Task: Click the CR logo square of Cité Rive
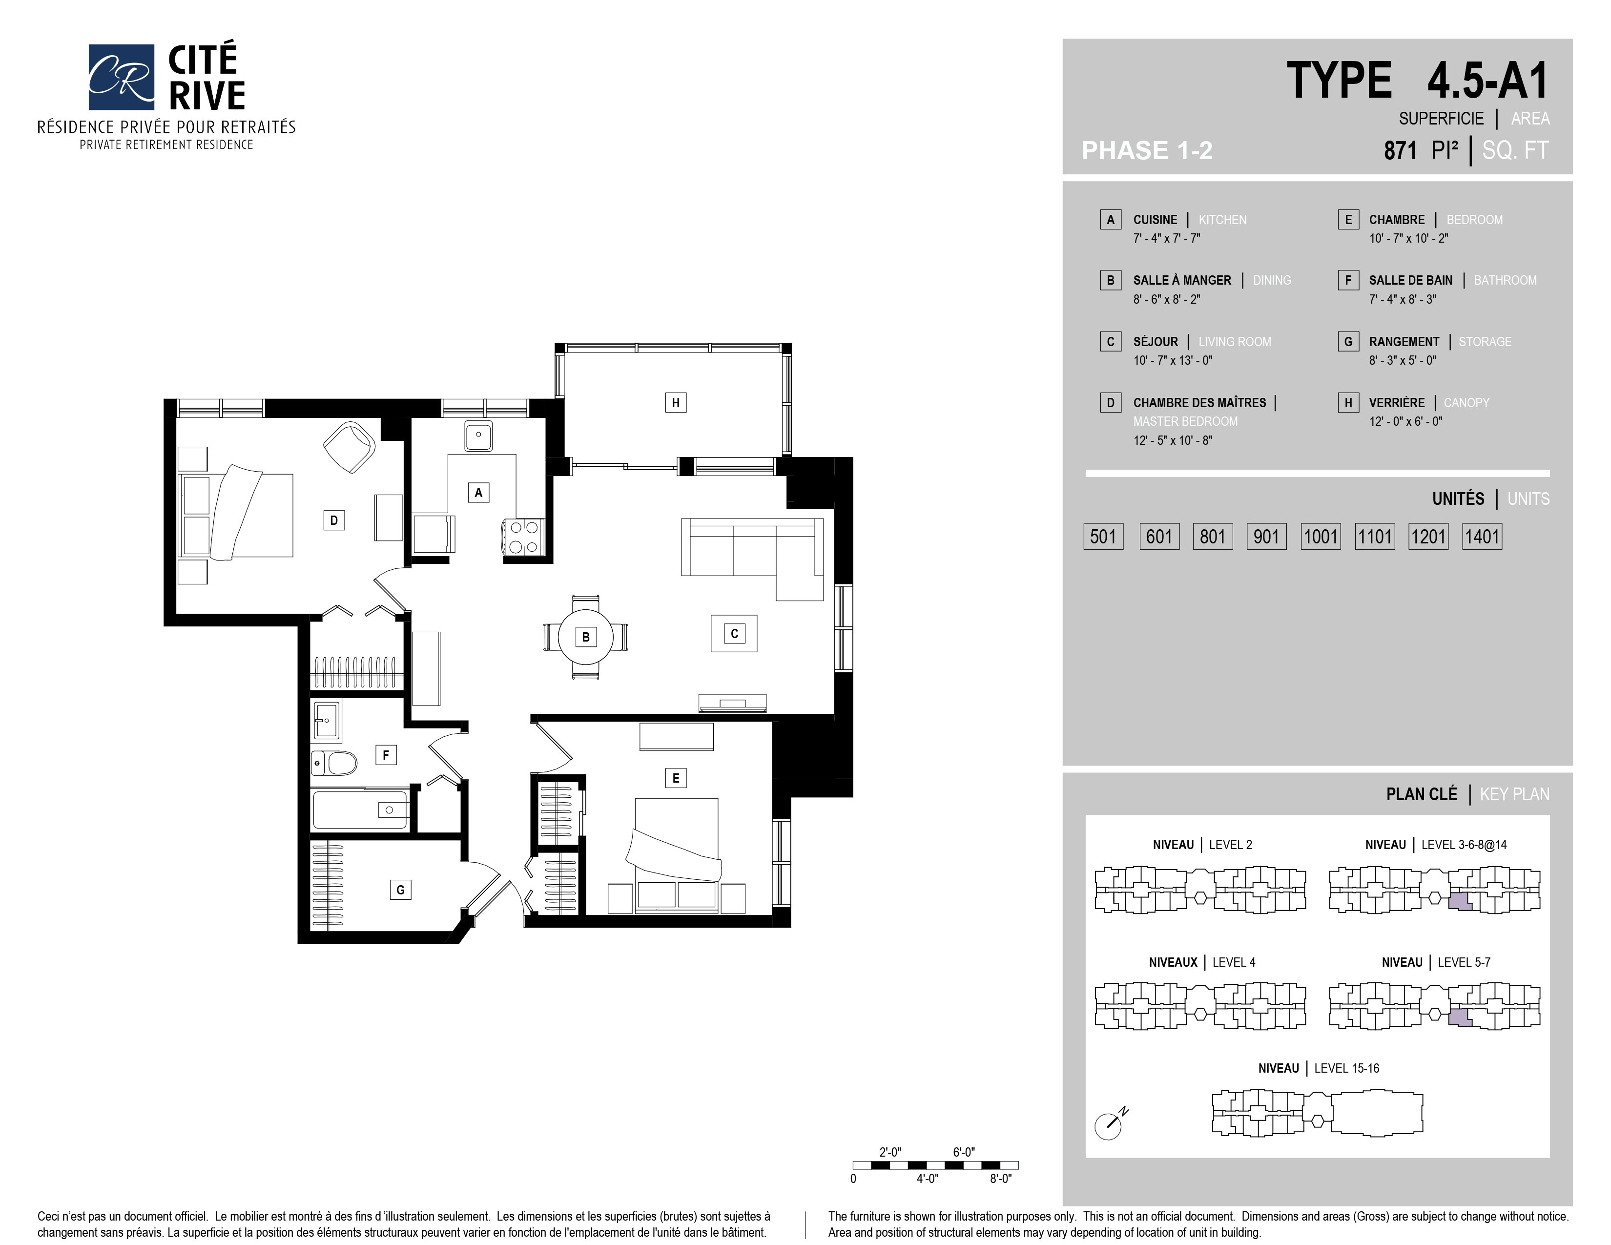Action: tap(121, 77)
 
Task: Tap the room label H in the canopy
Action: tap(676, 403)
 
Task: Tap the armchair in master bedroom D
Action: tap(350, 447)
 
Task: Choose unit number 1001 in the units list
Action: tap(1321, 536)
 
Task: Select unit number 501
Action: tap(1103, 536)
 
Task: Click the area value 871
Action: tap(1400, 150)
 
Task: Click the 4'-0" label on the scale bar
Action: tap(927, 1179)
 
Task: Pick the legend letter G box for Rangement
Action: tap(1348, 341)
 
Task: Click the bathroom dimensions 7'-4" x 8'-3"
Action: tap(1402, 299)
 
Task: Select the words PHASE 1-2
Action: tap(1147, 150)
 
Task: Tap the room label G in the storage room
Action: tap(400, 890)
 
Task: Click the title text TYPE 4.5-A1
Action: tap(1417, 81)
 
